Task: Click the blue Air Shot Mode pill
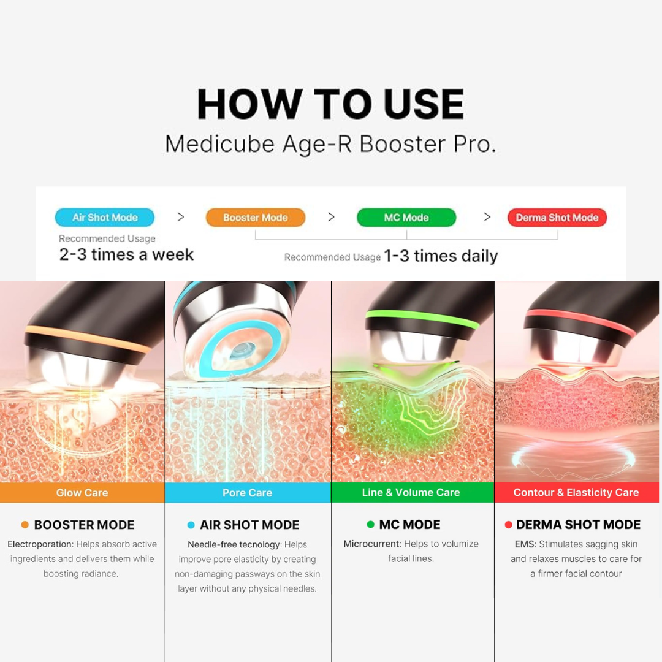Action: pyautogui.click(x=105, y=218)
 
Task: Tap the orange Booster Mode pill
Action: pyautogui.click(x=256, y=218)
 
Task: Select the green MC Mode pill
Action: pyautogui.click(x=406, y=218)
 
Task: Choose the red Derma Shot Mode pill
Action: pyautogui.click(x=557, y=218)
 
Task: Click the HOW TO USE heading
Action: pyautogui.click(x=330, y=104)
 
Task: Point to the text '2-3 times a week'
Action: pyautogui.click(x=126, y=254)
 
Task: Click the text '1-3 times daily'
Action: pyautogui.click(x=441, y=256)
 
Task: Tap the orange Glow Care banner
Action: pyautogui.click(x=82, y=492)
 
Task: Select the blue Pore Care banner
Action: pyautogui.click(x=248, y=492)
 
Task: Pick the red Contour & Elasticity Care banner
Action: pyautogui.click(x=577, y=492)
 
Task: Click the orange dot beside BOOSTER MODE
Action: pyautogui.click(x=25, y=525)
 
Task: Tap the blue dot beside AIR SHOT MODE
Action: pyautogui.click(x=191, y=525)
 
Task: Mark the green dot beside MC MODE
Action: pyautogui.click(x=371, y=524)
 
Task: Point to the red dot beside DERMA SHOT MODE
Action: pyautogui.click(x=508, y=525)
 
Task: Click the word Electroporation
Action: pyautogui.click(x=39, y=544)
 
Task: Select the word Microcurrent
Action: pyautogui.click(x=371, y=544)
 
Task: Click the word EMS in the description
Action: pyautogui.click(x=524, y=544)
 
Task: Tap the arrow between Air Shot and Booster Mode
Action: pyautogui.click(x=181, y=217)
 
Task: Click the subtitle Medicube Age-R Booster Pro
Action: pyautogui.click(x=330, y=144)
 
